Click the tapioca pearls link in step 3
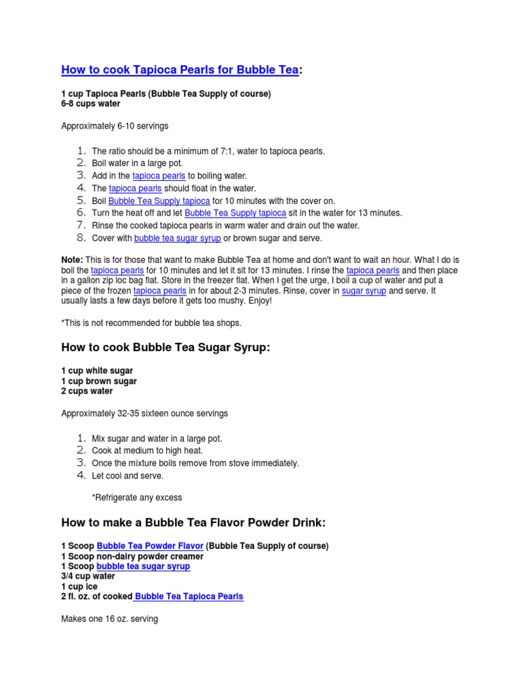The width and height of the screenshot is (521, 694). click(159, 176)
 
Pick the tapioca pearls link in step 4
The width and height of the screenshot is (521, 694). click(135, 188)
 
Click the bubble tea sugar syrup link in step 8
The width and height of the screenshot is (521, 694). click(177, 239)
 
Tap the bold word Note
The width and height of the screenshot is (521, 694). click(72, 260)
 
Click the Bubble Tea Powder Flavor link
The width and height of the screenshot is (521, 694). click(150, 546)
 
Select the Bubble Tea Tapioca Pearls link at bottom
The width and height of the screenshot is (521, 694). click(189, 596)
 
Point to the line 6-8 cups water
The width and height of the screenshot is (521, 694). click(91, 104)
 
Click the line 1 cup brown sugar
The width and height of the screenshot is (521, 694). click(98, 382)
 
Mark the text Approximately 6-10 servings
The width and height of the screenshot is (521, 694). click(115, 126)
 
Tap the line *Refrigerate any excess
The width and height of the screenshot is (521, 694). click(137, 497)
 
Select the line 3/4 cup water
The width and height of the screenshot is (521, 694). click(88, 576)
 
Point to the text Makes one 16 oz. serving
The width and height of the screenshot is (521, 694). click(109, 619)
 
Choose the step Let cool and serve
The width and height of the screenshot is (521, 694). click(128, 476)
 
